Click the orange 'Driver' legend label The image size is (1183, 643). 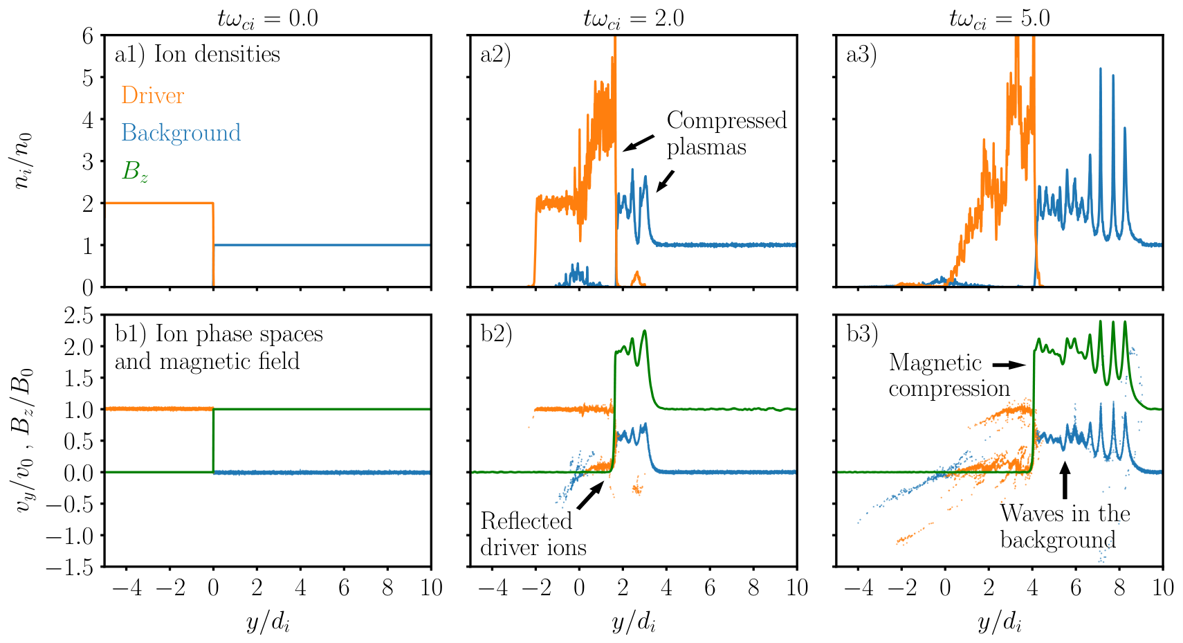pos(153,96)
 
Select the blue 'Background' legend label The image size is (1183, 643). pos(181,133)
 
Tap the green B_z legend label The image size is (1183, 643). pos(135,172)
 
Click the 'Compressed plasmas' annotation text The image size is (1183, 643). pos(726,134)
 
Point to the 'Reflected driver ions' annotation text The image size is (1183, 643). pos(533,534)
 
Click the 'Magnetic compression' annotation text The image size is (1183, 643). pos(949,376)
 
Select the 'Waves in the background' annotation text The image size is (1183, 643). pos(1065,526)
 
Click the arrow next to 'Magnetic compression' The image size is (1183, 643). pos(1009,365)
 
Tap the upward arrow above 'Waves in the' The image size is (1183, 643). pos(1065,480)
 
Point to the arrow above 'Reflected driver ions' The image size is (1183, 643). pos(590,496)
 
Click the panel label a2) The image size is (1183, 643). pos(495,55)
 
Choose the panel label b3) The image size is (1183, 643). pos(862,334)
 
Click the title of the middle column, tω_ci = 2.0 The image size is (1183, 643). pos(633,19)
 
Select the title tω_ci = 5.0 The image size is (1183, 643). pos(999,19)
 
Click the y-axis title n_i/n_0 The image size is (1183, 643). pos(22,161)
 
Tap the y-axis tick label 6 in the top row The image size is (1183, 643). pos(87,36)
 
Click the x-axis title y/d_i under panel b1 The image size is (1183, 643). pos(268,624)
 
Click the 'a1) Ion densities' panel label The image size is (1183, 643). pos(197,55)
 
